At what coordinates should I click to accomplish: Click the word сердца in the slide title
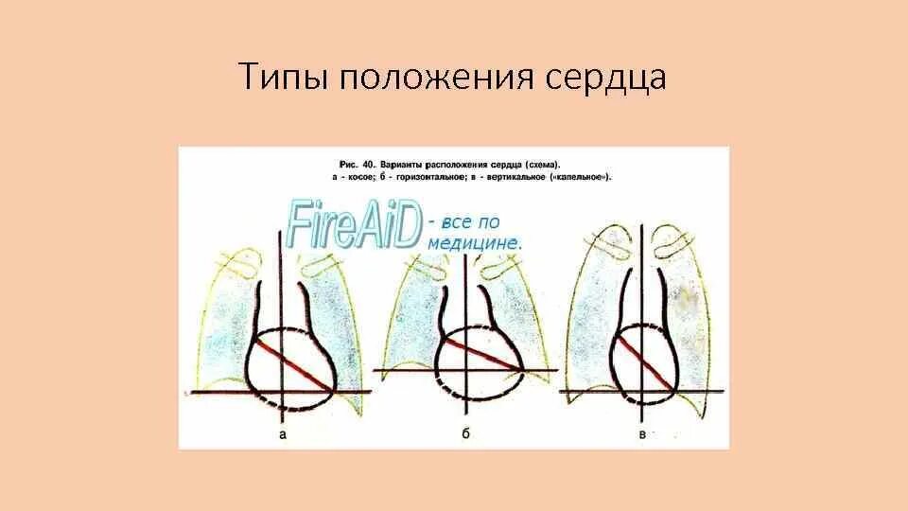[x=605, y=78]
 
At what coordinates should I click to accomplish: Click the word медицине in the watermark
[x=474, y=243]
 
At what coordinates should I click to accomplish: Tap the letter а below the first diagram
[x=283, y=434]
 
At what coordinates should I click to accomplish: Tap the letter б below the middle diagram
[x=465, y=434]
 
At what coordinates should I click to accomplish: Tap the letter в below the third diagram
[x=643, y=434]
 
